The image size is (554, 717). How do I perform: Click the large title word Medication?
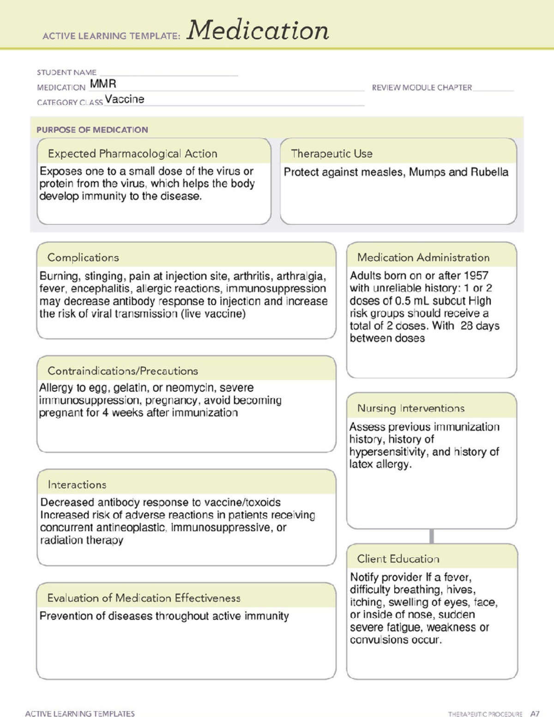tap(258, 30)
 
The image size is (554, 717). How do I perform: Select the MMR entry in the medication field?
tap(103, 84)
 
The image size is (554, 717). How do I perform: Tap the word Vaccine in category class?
tap(124, 99)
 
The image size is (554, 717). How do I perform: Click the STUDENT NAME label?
tap(66, 72)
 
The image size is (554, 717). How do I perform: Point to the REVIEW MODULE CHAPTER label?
tap(422, 87)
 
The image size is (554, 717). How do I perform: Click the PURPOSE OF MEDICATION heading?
tap(92, 130)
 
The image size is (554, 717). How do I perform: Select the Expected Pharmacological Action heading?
tap(132, 154)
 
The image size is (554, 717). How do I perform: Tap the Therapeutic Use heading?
tap(331, 154)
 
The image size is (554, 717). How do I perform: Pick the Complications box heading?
tap(83, 258)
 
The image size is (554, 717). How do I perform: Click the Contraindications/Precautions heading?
tap(123, 371)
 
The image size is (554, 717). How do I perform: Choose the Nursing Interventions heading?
tap(410, 408)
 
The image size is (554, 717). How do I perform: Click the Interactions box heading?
tap(77, 484)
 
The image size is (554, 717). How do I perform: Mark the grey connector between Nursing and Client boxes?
tap(432, 536)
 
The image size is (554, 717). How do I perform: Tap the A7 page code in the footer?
tap(535, 713)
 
